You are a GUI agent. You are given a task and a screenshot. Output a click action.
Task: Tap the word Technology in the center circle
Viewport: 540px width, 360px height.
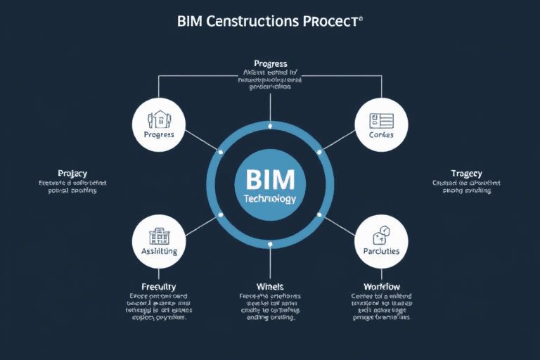pyautogui.click(x=270, y=199)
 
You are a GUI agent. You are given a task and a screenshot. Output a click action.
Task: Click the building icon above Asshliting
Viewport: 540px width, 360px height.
pyautogui.click(x=158, y=233)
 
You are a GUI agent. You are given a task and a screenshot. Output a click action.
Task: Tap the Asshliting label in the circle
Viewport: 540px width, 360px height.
pyautogui.click(x=158, y=251)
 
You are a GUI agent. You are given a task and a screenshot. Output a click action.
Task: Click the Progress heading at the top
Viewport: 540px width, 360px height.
pyautogui.click(x=270, y=64)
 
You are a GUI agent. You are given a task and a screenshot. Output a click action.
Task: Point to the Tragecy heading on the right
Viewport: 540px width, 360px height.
pyautogui.click(x=466, y=173)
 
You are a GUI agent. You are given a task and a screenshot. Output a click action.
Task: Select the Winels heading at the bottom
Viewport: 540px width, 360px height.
pyautogui.click(x=270, y=286)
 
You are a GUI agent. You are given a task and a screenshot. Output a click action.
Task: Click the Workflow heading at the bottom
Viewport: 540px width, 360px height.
pyautogui.click(x=381, y=286)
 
